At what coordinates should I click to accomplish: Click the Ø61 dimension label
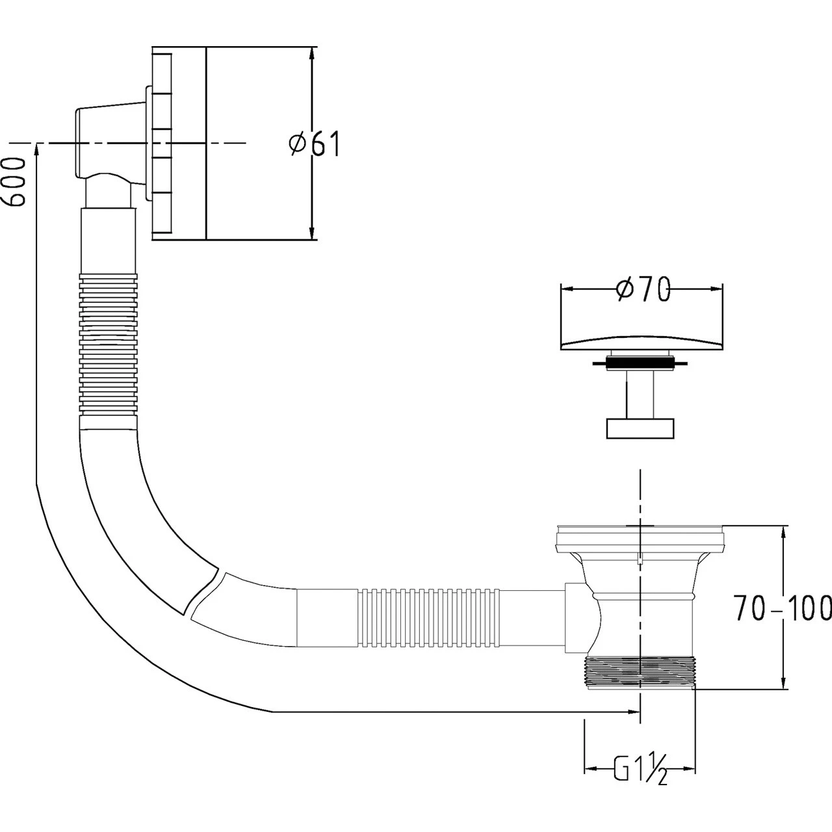click(x=315, y=144)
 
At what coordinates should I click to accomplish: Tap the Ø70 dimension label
click(x=643, y=290)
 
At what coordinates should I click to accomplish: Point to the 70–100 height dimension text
click(x=783, y=608)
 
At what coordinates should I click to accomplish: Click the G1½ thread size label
click(x=640, y=771)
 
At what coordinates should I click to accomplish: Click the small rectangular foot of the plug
click(x=640, y=429)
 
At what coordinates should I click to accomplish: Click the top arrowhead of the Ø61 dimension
click(x=312, y=52)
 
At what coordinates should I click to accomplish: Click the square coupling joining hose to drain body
click(x=575, y=617)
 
